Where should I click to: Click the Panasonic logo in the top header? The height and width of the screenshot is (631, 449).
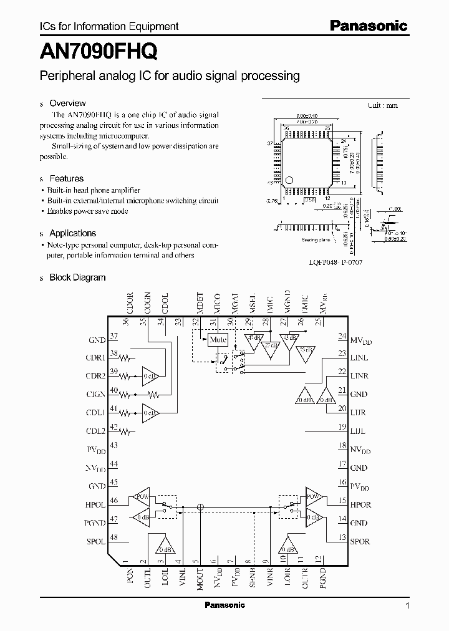pos(368,26)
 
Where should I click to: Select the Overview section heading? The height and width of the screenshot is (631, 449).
pos(67,104)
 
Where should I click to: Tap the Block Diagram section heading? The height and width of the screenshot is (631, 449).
pos(77,277)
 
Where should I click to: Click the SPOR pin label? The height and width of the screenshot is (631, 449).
pos(360,541)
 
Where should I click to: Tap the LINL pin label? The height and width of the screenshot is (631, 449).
pos(359,357)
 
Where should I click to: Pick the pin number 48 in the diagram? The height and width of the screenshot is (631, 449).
pos(113,537)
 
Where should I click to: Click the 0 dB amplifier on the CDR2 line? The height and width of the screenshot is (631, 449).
pos(150,377)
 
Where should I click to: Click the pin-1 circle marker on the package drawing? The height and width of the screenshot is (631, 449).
pos(288,181)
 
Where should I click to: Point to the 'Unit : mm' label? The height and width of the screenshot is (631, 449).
pos(382,105)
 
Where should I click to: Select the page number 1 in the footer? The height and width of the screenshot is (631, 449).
pos(407,605)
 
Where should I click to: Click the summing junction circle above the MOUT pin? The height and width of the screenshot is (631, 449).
pos(200,508)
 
